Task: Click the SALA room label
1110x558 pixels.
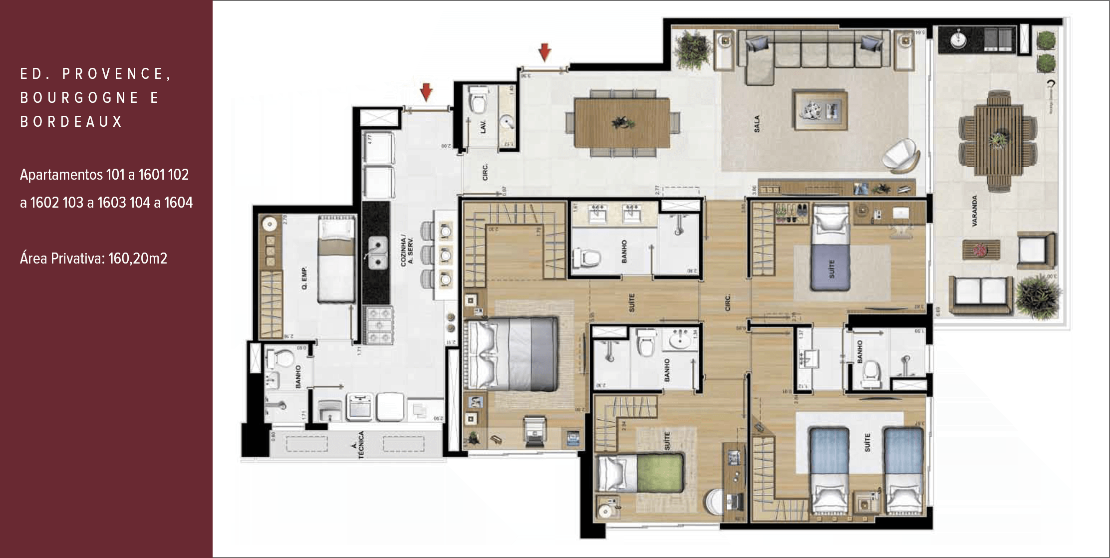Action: tap(757, 124)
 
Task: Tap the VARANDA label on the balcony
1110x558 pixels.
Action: tap(974, 211)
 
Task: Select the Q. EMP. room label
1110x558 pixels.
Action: tap(304, 279)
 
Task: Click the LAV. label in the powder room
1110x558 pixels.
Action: tap(483, 126)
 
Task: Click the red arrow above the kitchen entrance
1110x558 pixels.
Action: tap(426, 92)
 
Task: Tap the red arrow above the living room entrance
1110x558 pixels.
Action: tap(545, 51)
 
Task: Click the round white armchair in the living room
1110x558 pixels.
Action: tap(901, 156)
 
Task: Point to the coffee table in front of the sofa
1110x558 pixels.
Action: tap(821, 110)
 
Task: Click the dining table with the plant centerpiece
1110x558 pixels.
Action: tap(621, 122)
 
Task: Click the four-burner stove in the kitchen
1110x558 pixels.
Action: tap(378, 325)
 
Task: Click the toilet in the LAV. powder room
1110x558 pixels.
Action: tap(479, 102)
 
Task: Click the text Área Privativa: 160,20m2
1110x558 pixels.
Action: tap(93, 258)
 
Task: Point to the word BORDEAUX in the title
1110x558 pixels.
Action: tap(71, 121)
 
